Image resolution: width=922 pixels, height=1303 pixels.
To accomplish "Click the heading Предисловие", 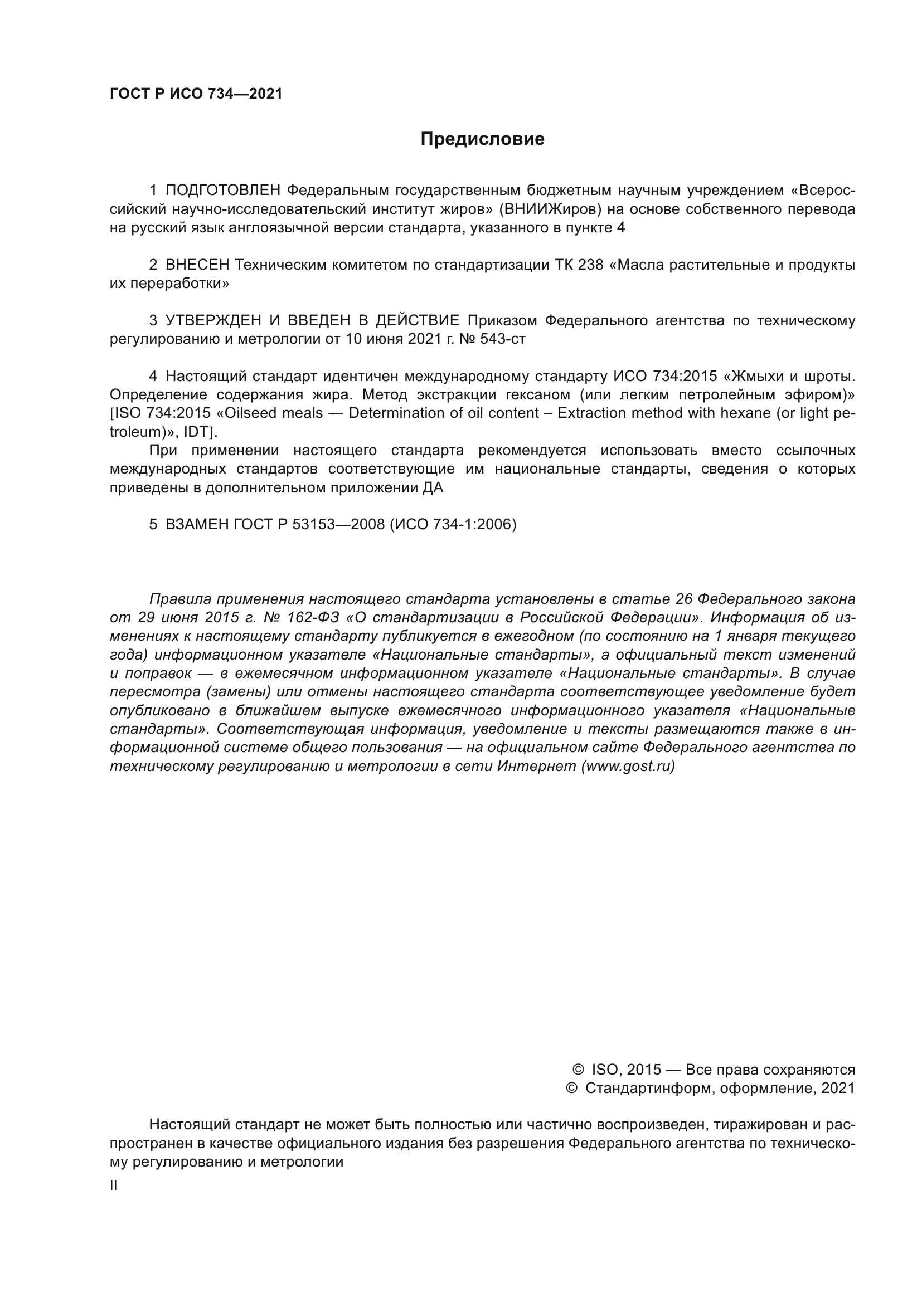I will pyautogui.click(x=482, y=139).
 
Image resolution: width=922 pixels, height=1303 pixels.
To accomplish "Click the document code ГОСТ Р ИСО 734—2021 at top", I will pyautogui.click(x=196, y=94).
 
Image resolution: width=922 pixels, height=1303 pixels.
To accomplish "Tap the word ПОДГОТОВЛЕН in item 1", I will pyautogui.click(x=222, y=191).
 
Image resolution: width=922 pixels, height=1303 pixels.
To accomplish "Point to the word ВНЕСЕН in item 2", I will pyautogui.click(x=197, y=265).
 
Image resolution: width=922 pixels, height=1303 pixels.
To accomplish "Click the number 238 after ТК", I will pyautogui.click(x=590, y=265).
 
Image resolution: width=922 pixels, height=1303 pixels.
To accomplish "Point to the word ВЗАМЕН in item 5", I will pyautogui.click(x=197, y=524).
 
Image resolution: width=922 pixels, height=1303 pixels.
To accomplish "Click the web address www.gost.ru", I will pyautogui.click(x=627, y=766).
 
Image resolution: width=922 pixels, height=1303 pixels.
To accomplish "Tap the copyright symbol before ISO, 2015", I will pyautogui.click(x=578, y=1070).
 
